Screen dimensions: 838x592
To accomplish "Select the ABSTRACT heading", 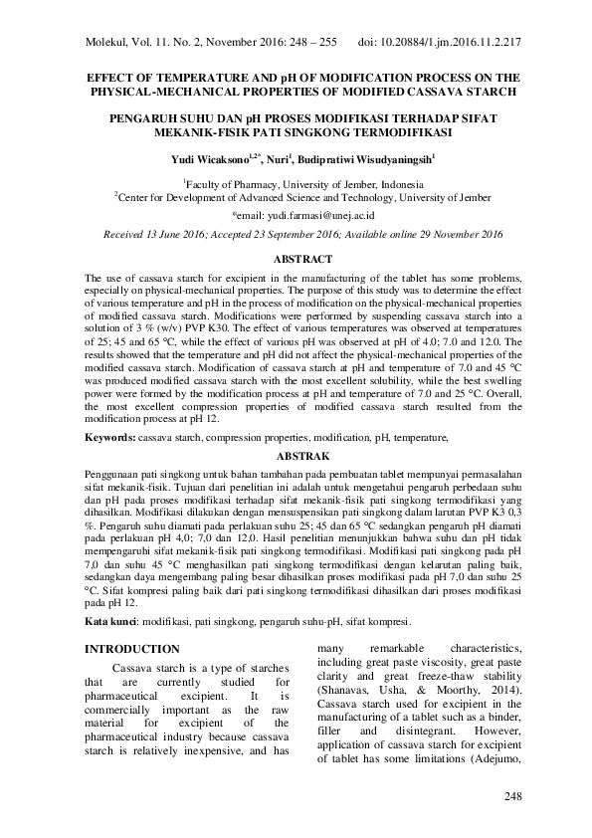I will [x=295, y=257].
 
